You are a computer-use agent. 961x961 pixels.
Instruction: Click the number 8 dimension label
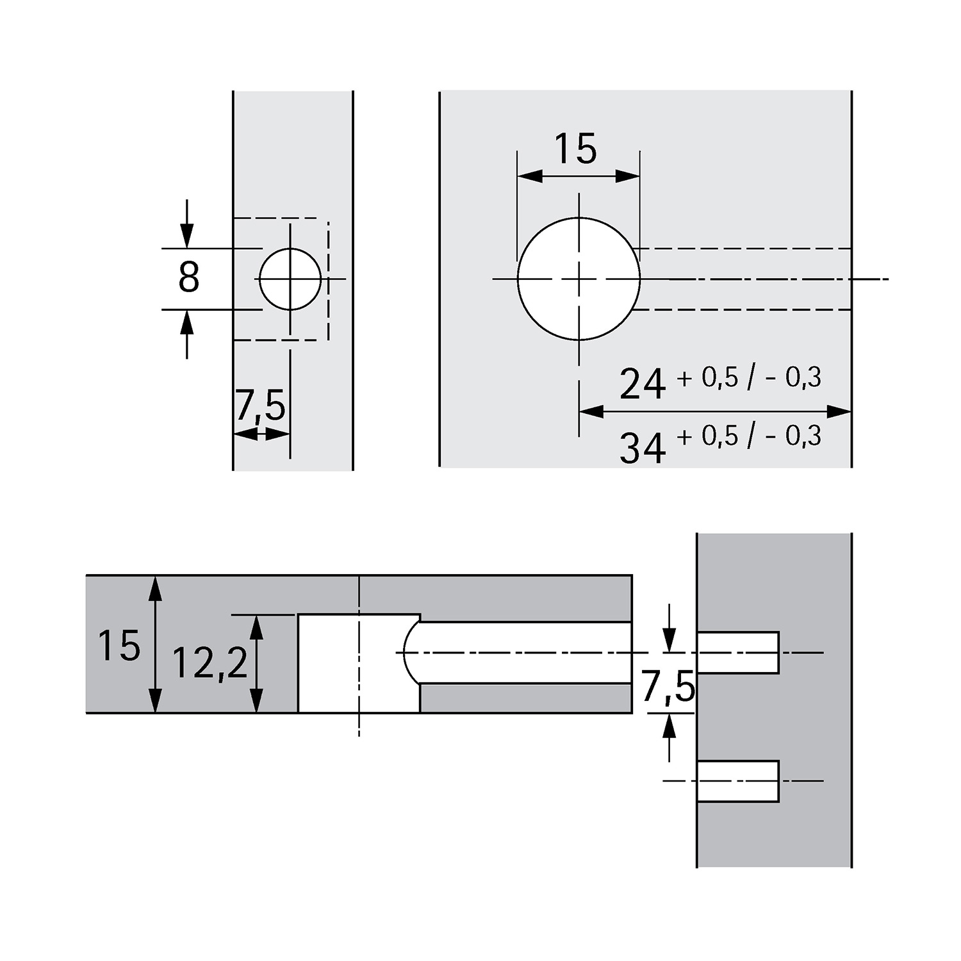tap(189, 279)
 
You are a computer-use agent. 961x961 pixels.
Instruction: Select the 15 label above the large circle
tap(575, 149)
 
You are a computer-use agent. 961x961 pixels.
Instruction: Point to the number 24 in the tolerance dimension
tap(643, 384)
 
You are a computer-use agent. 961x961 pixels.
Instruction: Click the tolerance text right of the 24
tap(748, 379)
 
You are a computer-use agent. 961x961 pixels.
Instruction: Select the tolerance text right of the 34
tap(748, 436)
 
